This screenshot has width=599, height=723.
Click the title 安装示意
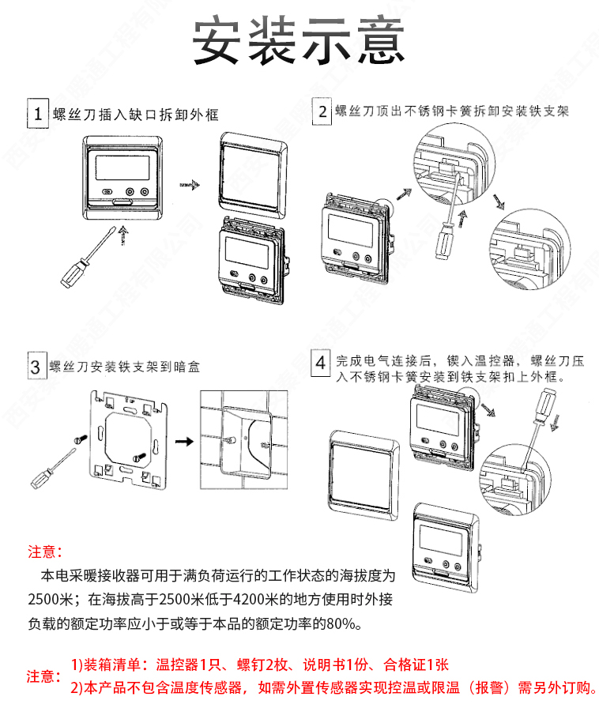point(299,41)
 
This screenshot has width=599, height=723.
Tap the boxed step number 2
point(322,111)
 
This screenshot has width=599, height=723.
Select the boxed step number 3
point(36,367)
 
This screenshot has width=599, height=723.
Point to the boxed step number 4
point(321,363)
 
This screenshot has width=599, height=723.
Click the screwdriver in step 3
point(52,468)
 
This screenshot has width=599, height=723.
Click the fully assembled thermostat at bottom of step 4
point(447,544)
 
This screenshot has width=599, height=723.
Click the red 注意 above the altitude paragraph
point(44,551)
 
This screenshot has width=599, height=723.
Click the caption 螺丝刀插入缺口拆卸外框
point(135,115)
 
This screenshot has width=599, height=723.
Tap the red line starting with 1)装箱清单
point(260,665)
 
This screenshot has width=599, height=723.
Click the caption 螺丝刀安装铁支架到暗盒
point(125,367)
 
